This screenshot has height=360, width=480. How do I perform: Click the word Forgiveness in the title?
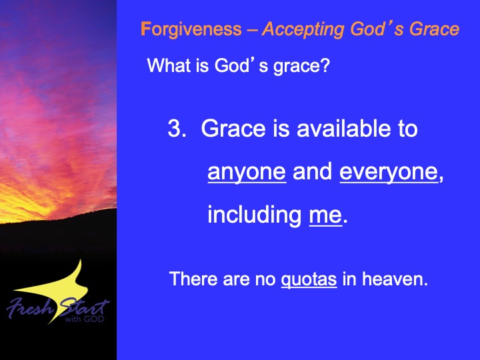pos(191,29)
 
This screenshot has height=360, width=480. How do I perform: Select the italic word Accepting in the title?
pos(304,29)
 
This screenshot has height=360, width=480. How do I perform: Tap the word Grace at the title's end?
pos(435,29)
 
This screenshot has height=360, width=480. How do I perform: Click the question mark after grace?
pos(325,65)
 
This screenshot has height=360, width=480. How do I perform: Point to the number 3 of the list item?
pos(175,128)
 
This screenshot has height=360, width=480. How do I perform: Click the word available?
pos(344,128)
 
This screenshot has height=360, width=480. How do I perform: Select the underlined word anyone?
pos(247,172)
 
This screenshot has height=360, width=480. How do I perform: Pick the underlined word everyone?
pos(389,172)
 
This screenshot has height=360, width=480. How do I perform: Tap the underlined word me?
pos(325,215)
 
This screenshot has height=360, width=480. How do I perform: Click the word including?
pos(255,215)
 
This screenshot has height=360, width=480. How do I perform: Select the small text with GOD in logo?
pos(85,319)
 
